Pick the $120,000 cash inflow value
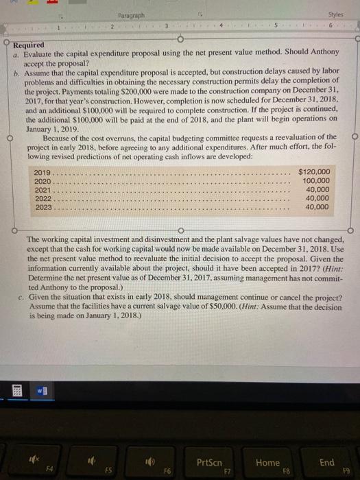click(x=315, y=171)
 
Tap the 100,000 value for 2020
click(x=316, y=180)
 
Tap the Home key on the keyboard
click(x=267, y=444)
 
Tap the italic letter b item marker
click(x=15, y=71)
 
